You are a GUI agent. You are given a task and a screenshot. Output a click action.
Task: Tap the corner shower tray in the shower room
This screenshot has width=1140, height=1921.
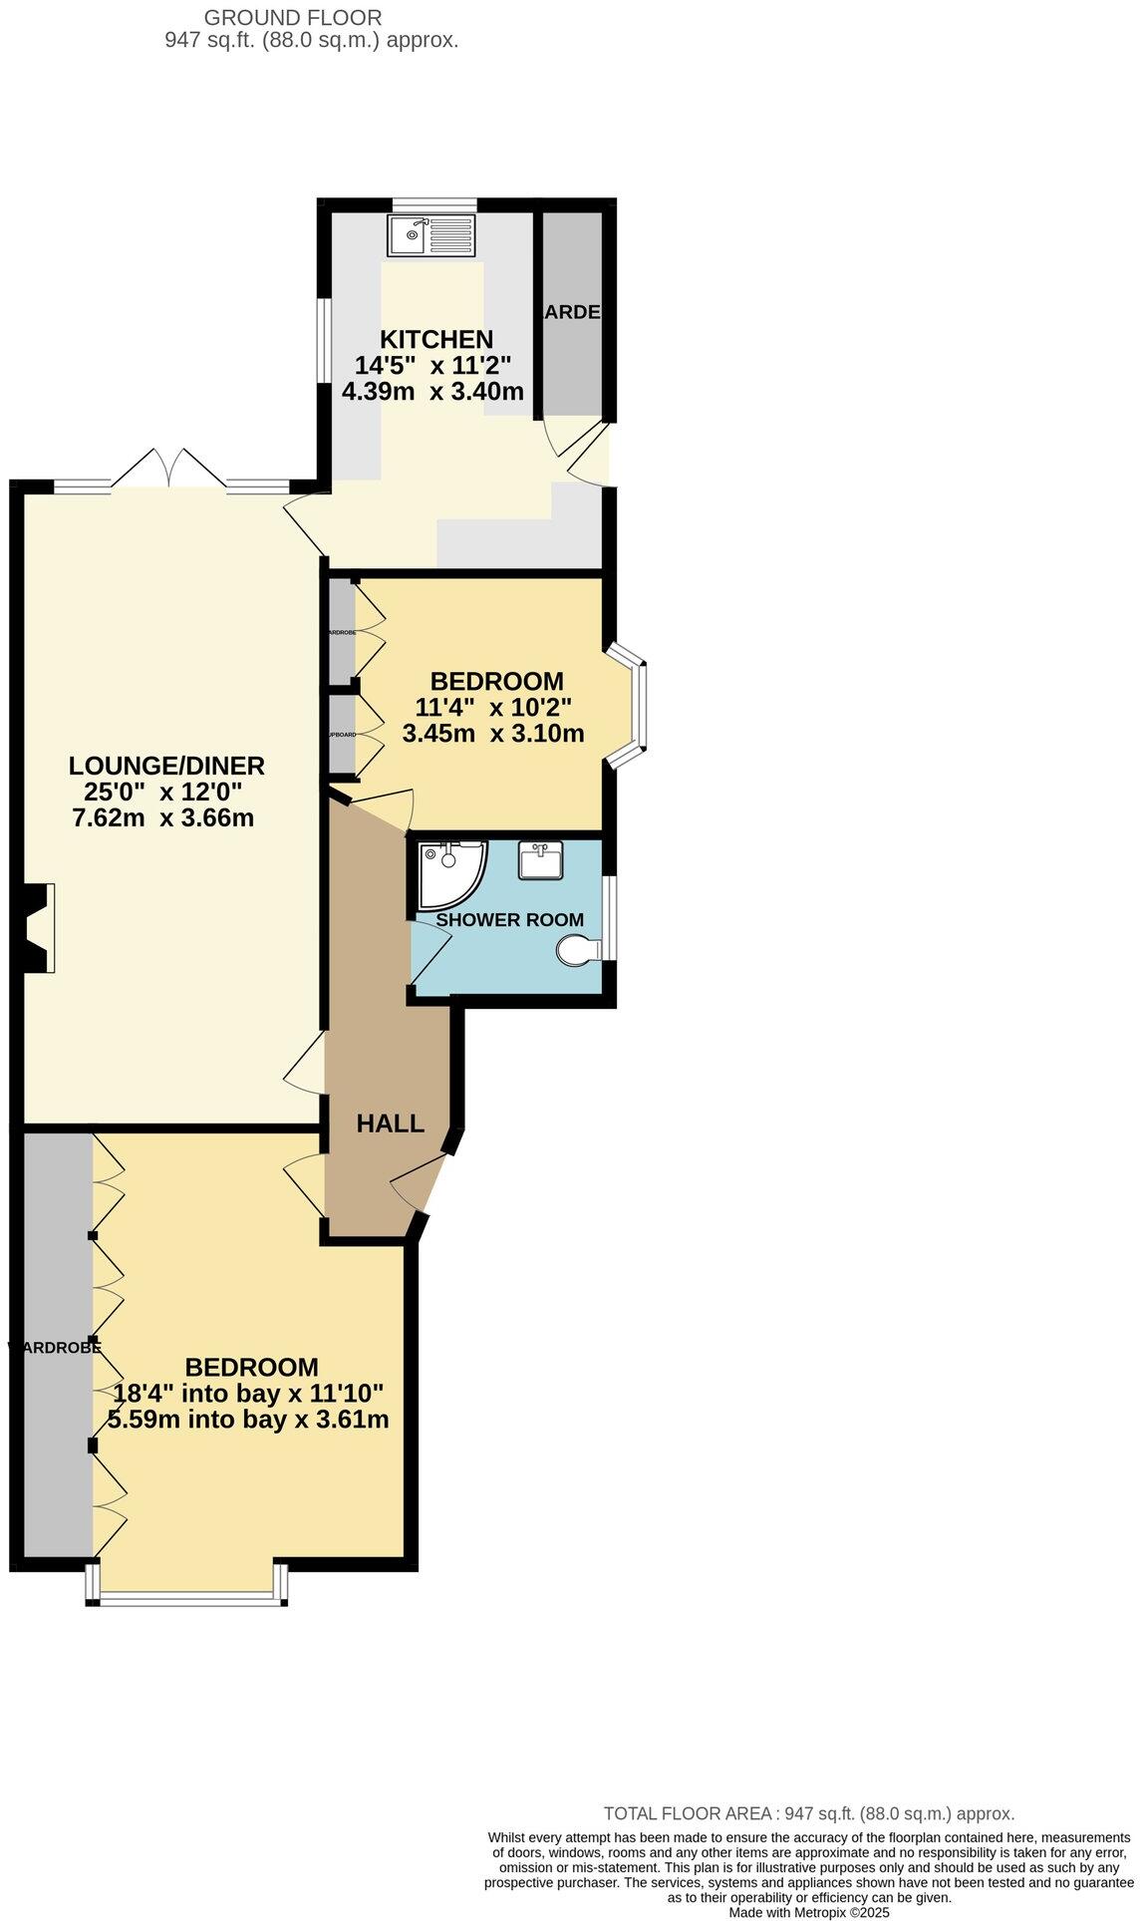450,872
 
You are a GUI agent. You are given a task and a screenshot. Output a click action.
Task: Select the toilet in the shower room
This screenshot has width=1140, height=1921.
577,949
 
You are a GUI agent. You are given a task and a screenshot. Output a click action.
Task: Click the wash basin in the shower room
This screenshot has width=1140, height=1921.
541,859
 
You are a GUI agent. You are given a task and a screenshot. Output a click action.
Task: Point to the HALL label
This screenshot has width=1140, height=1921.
391,1123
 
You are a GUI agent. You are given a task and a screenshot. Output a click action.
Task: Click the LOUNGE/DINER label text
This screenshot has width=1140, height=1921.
166,766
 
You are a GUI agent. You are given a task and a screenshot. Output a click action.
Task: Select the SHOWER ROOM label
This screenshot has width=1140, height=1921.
510,919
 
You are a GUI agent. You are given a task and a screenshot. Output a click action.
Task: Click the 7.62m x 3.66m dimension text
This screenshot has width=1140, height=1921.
163,818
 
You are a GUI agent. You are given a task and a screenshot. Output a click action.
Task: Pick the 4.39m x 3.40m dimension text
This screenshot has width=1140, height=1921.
432,391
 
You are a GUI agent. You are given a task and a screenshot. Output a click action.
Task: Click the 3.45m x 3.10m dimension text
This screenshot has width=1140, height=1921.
493,734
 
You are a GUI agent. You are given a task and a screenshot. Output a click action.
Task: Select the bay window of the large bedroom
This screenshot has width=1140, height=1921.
187,1595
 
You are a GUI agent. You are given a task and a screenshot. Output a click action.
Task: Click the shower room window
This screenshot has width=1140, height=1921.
610,917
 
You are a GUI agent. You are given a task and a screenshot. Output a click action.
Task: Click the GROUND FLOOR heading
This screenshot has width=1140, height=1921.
292,17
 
